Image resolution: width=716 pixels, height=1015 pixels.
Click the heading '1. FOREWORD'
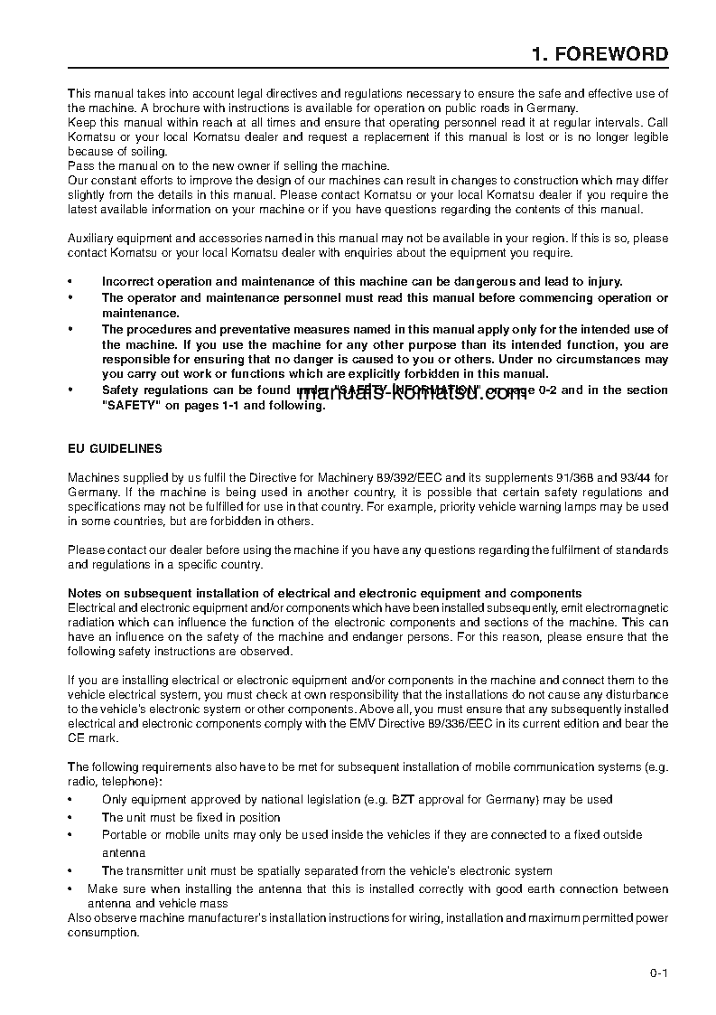[x=600, y=54]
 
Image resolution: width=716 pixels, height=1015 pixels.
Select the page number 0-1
[x=657, y=973]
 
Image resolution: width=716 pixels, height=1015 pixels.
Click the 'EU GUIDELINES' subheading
[x=116, y=448]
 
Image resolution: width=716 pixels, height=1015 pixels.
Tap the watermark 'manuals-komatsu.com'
[x=412, y=394]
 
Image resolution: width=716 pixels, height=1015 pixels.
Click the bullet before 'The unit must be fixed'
[x=71, y=817]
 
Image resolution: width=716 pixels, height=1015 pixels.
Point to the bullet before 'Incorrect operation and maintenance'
[x=71, y=281]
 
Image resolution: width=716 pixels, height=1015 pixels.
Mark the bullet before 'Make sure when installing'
[x=71, y=889]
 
